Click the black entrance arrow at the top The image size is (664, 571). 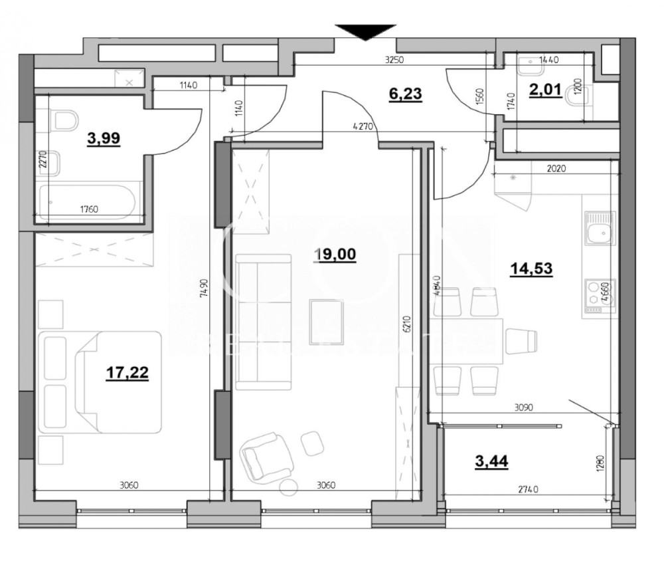[x=365, y=32]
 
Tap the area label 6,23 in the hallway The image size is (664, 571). [x=405, y=94]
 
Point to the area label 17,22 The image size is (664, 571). [x=127, y=374]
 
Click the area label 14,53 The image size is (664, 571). [x=531, y=269]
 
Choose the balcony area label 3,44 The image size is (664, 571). [x=491, y=461]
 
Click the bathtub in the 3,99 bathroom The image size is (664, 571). [x=88, y=201]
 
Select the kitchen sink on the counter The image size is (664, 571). [x=600, y=230]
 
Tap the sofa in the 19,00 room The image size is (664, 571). [x=263, y=322]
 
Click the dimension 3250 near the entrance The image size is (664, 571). [x=395, y=59]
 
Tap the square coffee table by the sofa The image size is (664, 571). [x=327, y=322]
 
